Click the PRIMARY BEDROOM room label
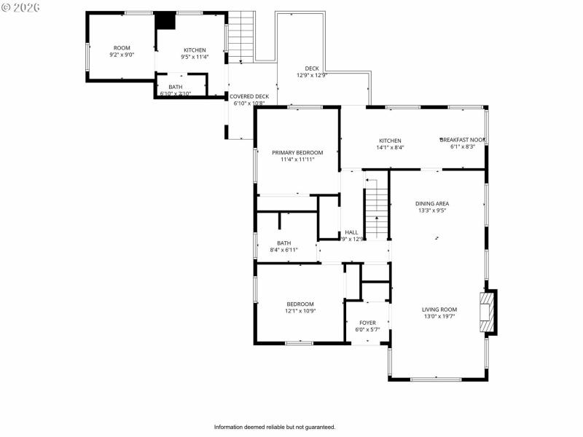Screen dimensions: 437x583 pos(297,153)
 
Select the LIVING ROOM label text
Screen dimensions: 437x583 pos(439,310)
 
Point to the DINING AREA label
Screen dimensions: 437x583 pos(432,204)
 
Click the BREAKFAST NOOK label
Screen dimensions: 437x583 pos(462,140)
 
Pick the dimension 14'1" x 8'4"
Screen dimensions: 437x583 pos(390,147)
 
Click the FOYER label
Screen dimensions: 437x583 pos(367,323)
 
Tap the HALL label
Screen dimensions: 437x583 pos(351,232)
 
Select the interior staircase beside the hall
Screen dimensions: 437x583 pos(376,211)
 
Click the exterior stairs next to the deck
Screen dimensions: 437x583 pos(242,36)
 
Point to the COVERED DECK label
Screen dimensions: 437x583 pos(249,96)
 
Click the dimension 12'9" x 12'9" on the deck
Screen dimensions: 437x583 pos(312,75)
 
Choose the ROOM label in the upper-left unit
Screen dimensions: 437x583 pos(122,48)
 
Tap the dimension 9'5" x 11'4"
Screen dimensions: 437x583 pos(195,57)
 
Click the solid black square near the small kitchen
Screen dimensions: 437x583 pos(167,20)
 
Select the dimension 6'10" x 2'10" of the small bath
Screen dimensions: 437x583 pos(176,93)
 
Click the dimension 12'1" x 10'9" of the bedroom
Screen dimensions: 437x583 pos(300,311)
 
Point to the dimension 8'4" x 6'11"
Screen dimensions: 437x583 pos(284,250)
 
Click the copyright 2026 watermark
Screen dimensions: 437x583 pos(21,7)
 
